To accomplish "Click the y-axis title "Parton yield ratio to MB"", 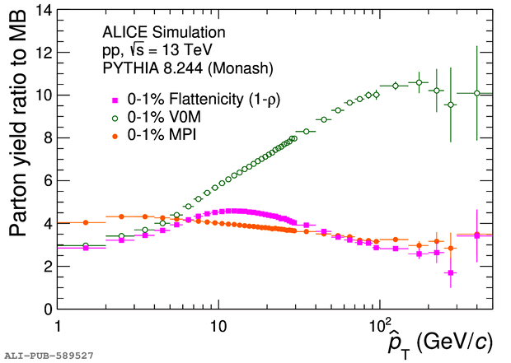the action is pyautogui.click(x=17, y=123).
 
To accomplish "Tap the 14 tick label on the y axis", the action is pyautogui.click(x=44, y=11).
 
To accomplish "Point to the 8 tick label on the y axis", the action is pyautogui.click(x=48, y=138).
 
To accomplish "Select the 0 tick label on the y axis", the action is pyautogui.click(x=48, y=309).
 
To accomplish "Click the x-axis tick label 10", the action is pyautogui.click(x=218, y=326).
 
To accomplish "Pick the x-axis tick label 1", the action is pyautogui.click(x=58, y=326).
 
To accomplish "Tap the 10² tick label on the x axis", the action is pyautogui.click(x=378, y=324).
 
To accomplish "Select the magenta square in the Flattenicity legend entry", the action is pyautogui.click(x=115, y=100).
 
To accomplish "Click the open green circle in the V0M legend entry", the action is pyautogui.click(x=115, y=119).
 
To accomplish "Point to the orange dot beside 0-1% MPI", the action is pyautogui.click(x=115, y=137).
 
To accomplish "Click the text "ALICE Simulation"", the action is pyautogui.click(x=164, y=32).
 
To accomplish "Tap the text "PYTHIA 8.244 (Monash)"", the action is pyautogui.click(x=188, y=68).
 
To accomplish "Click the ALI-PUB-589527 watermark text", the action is pyautogui.click(x=49, y=356).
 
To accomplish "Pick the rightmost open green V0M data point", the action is pyautogui.click(x=476, y=93).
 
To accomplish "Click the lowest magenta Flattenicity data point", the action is pyautogui.click(x=451, y=272).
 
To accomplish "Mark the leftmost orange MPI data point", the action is pyautogui.click(x=86, y=222).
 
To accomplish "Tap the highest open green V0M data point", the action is pyautogui.click(x=419, y=82).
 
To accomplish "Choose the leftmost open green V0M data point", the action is pyautogui.click(x=86, y=245).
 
